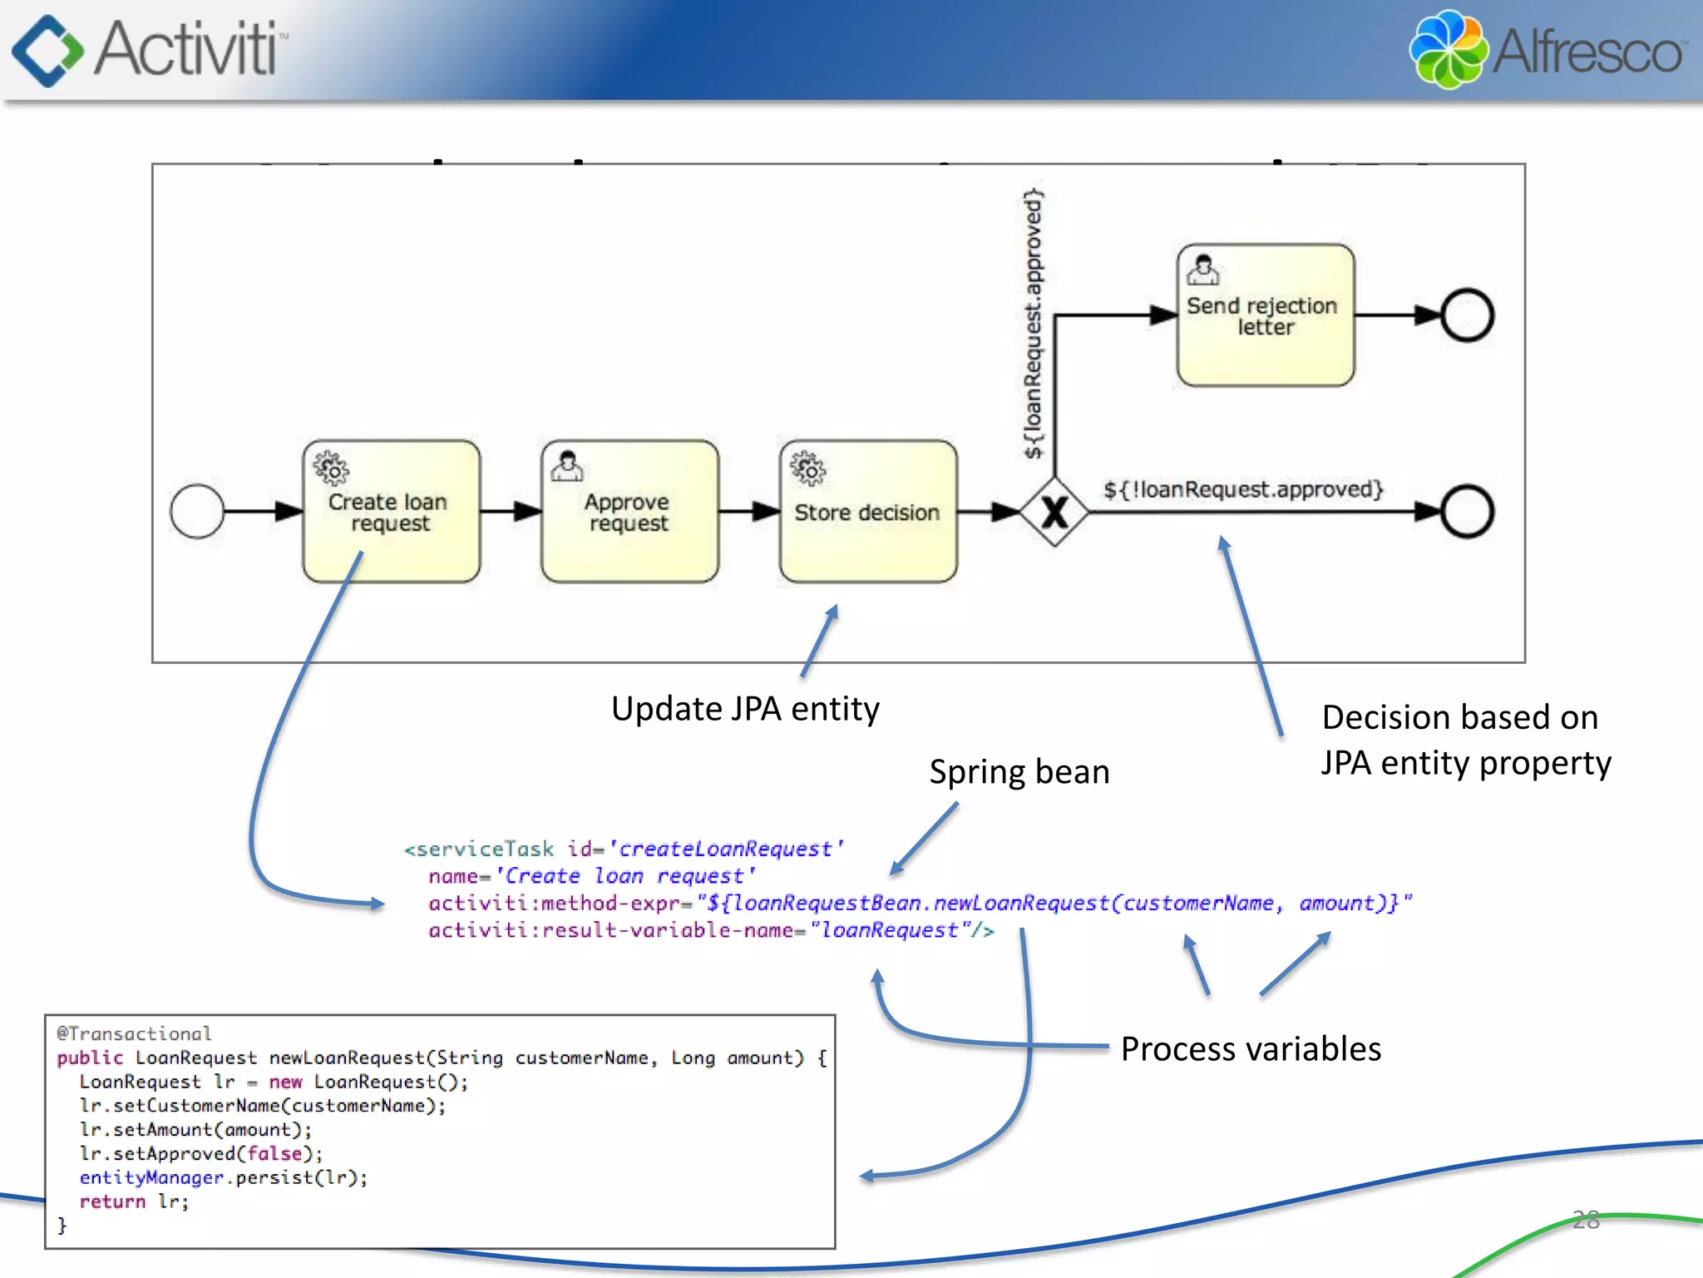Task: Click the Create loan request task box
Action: coord(391,512)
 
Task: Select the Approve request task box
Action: coord(629,512)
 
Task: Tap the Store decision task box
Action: coord(867,512)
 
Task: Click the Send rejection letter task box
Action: coord(1265,315)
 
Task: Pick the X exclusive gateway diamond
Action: coord(1054,512)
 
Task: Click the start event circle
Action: coord(197,512)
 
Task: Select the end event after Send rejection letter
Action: coord(1467,315)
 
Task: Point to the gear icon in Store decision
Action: coord(807,469)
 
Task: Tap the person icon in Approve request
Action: coord(567,466)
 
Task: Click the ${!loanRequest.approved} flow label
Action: coord(1242,489)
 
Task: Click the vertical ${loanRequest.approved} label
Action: coord(1033,324)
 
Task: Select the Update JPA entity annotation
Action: coord(745,709)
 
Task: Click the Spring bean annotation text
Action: coord(1019,772)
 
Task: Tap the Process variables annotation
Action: coord(1250,1049)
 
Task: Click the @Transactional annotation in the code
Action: coord(134,1033)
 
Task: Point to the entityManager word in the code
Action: coord(151,1177)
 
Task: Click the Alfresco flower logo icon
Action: coord(1448,50)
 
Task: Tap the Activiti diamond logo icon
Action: coord(47,50)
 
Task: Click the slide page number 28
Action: coord(1586,1220)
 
